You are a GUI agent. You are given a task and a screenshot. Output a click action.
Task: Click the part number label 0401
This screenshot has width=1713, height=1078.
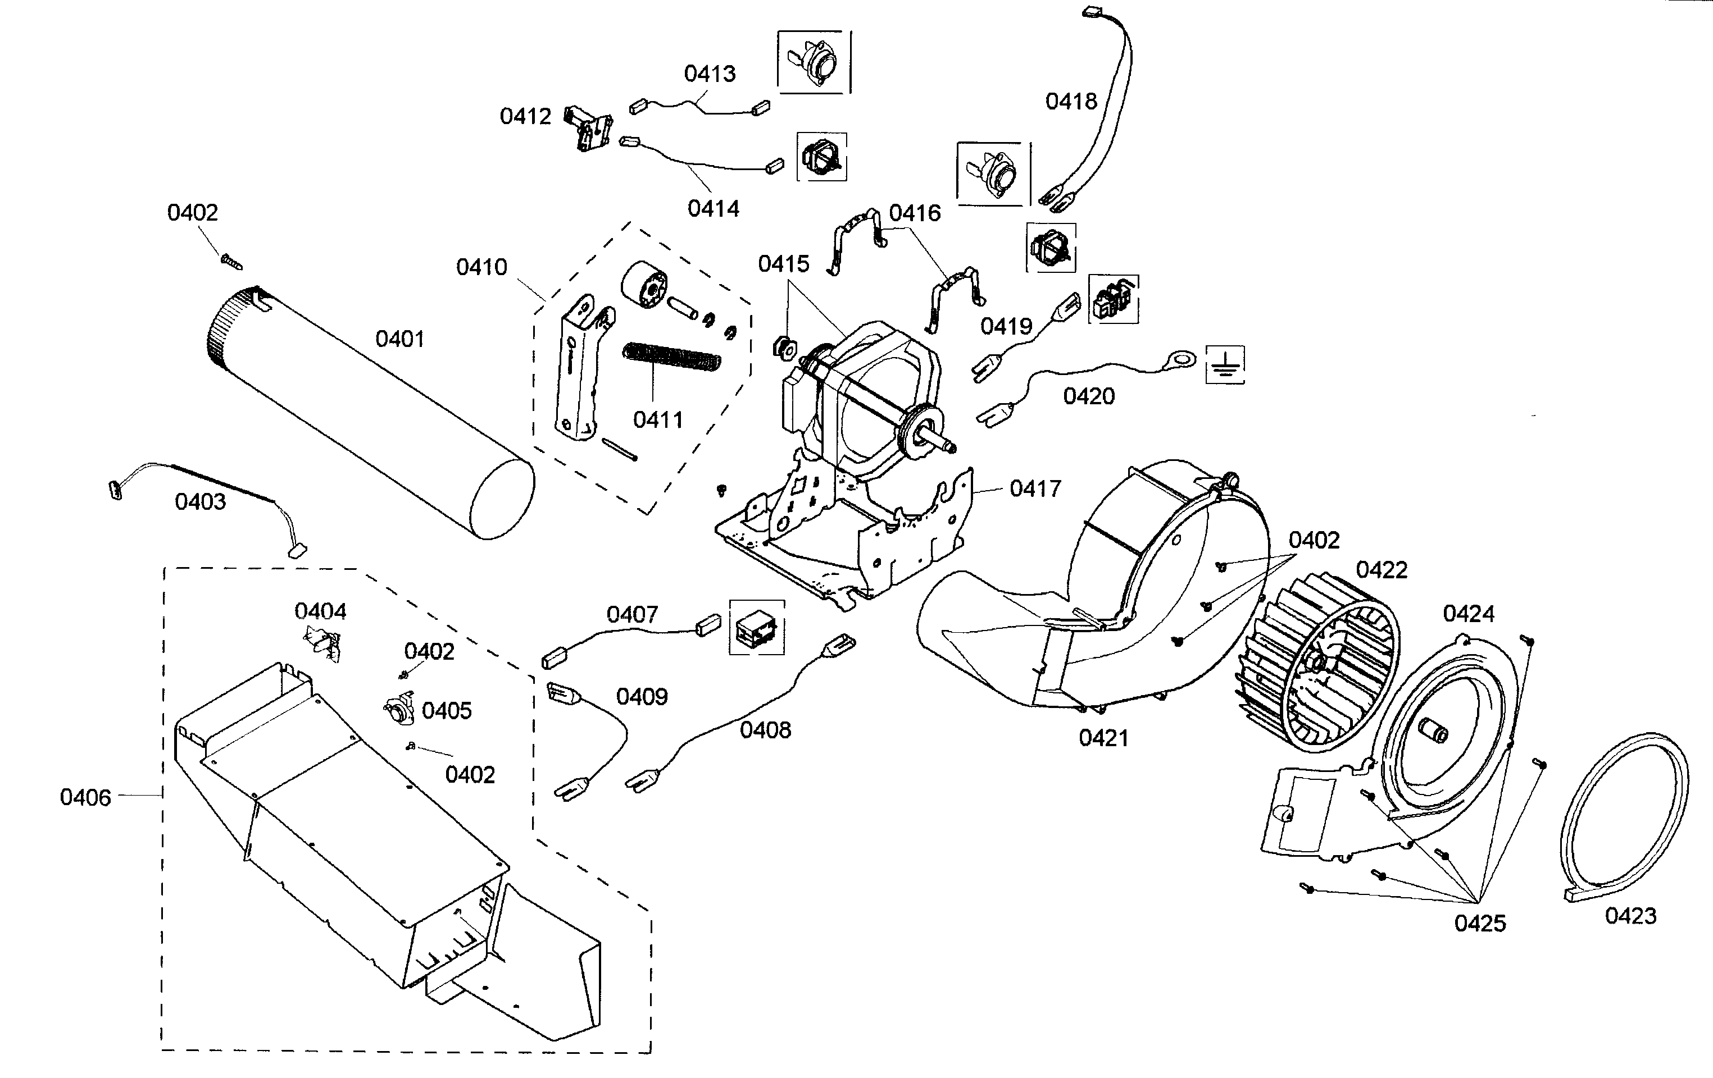[400, 339]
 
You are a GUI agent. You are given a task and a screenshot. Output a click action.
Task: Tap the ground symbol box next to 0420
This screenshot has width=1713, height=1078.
[1225, 365]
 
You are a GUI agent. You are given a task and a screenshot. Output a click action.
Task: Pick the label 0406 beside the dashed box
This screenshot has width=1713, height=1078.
[85, 798]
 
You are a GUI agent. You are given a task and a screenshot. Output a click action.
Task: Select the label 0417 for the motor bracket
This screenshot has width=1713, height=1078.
[1035, 488]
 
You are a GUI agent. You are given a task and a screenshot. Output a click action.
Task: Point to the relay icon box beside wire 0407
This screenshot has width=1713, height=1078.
[757, 627]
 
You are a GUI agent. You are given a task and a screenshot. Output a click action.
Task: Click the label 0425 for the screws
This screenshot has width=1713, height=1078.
[1480, 924]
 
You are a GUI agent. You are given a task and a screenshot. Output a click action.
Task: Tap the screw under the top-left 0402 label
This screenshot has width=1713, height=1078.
[232, 262]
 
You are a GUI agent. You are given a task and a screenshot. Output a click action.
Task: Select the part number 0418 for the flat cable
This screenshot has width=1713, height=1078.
[1071, 102]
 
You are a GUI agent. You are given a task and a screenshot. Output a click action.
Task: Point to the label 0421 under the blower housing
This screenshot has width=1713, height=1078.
[1103, 738]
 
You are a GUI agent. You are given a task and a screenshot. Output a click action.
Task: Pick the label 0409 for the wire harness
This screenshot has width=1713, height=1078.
[642, 696]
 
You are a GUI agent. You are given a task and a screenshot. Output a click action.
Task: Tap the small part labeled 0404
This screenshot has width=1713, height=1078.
[324, 643]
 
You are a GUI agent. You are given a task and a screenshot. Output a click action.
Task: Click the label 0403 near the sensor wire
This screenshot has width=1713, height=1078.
[200, 502]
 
